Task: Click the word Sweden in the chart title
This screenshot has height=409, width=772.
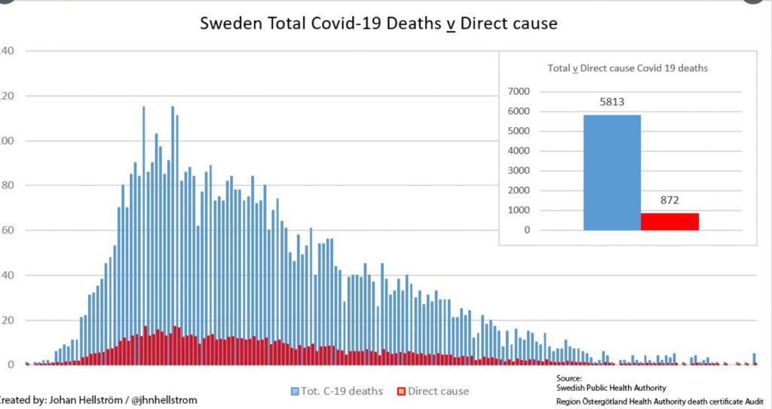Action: tap(227, 23)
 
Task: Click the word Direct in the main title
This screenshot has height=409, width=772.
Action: tap(487, 23)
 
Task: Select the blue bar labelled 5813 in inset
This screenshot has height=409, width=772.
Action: tap(611, 172)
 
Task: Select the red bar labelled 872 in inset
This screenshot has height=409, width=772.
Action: tap(669, 221)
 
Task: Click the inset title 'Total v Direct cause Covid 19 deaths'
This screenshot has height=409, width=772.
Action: tap(627, 68)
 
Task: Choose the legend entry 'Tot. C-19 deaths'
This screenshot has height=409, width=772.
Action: tap(342, 391)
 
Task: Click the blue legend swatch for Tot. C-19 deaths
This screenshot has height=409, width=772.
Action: tap(295, 392)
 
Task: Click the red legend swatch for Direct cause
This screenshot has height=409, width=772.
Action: tap(402, 392)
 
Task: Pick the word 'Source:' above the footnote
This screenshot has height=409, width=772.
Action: tap(569, 378)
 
